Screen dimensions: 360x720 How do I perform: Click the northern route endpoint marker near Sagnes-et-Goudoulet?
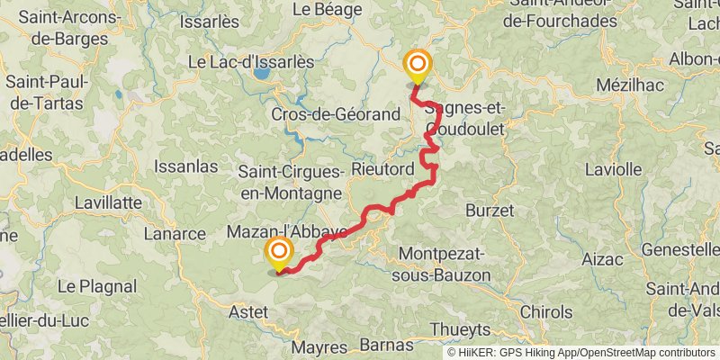[x=418, y=65]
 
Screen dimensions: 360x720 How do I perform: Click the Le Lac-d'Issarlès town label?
[x=250, y=62]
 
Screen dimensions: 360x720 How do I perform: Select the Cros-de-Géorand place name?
[x=336, y=115]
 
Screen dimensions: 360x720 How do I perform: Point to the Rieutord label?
[x=382, y=169]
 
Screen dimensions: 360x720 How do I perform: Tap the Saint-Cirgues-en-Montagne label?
[x=291, y=181]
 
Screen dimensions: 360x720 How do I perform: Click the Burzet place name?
[x=490, y=210]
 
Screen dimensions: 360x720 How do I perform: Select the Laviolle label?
[x=613, y=168]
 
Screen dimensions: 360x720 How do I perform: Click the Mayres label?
[x=319, y=347]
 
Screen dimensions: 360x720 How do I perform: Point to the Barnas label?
[x=386, y=344]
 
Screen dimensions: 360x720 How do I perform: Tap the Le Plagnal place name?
[x=98, y=286]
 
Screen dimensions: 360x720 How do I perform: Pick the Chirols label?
[x=545, y=312]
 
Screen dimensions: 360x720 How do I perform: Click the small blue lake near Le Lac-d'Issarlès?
[x=262, y=74]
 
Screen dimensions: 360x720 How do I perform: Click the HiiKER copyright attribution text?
[x=581, y=353]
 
